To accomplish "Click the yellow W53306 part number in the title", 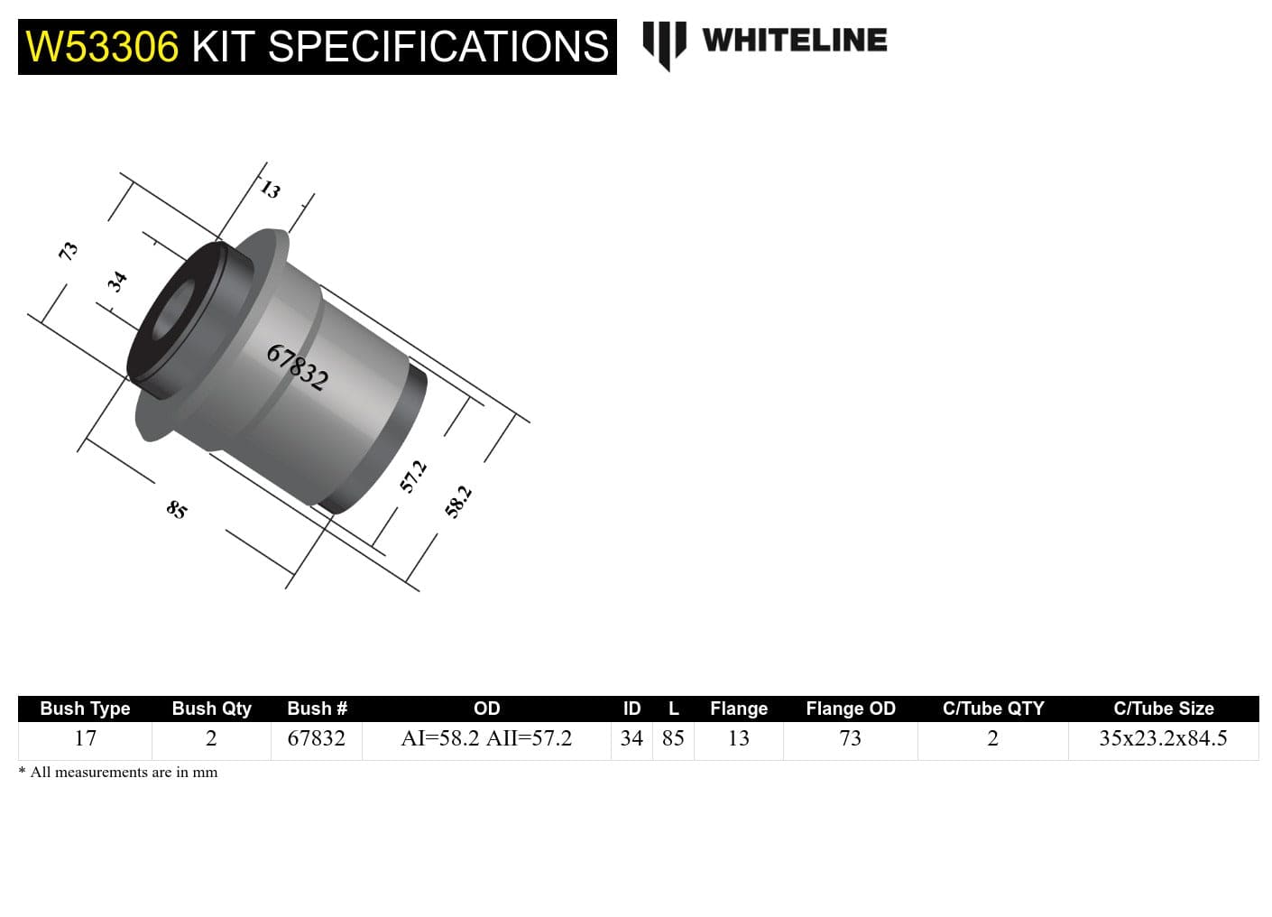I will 102,47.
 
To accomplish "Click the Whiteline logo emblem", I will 663,43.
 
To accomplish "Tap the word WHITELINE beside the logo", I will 794,41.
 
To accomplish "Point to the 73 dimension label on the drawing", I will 68,251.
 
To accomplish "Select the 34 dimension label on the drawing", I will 116,282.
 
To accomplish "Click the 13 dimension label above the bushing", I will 270,190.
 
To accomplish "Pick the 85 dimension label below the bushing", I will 177,509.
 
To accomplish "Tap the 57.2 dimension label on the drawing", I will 412,477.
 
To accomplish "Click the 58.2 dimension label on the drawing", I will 458,501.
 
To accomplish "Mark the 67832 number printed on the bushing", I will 297,366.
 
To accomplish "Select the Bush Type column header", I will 85,709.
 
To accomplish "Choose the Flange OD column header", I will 850,709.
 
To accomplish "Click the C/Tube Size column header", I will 1163,709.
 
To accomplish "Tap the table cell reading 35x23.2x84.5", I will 1163,738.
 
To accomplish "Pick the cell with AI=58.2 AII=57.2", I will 486,738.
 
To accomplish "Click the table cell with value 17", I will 85,738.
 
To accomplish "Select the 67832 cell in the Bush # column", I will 316,738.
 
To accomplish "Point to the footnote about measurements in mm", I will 118,772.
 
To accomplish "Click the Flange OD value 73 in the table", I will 850,738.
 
